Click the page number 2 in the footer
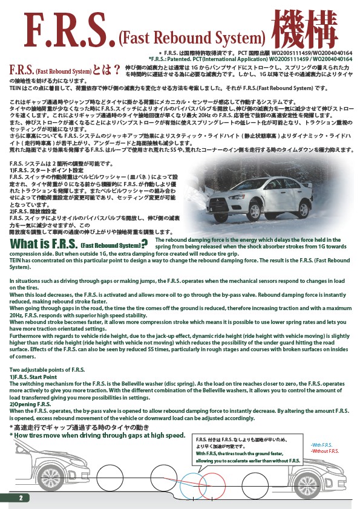21,498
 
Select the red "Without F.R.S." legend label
325,451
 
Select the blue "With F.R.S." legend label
322,445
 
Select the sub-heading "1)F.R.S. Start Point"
38,377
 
